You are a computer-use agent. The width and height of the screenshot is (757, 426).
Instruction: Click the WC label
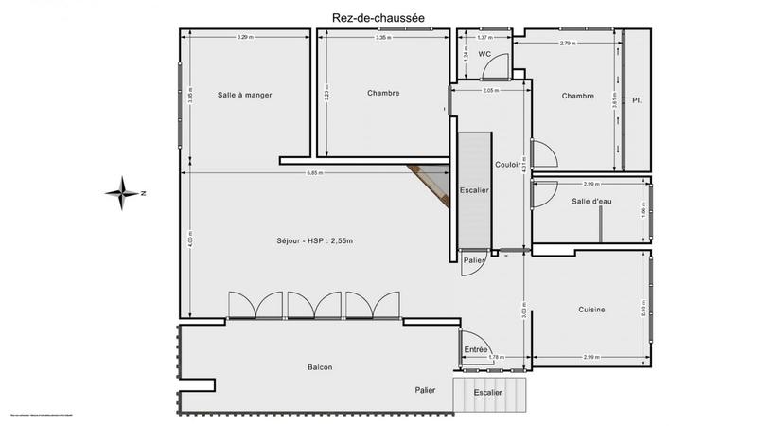[484, 55]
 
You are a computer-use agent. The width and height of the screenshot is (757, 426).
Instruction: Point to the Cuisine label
[592, 311]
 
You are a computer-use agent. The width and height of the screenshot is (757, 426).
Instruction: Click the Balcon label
[320, 367]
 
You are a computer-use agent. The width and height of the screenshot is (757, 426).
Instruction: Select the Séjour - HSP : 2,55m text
[314, 240]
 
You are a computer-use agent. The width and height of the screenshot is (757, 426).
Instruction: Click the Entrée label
[476, 349]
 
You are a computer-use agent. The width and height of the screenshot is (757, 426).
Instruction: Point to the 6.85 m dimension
[313, 173]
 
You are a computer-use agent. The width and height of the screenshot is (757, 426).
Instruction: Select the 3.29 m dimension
[245, 37]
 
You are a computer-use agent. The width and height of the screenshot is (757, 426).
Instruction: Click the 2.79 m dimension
[568, 44]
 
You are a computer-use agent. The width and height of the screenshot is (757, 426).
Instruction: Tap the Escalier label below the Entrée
[487, 391]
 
